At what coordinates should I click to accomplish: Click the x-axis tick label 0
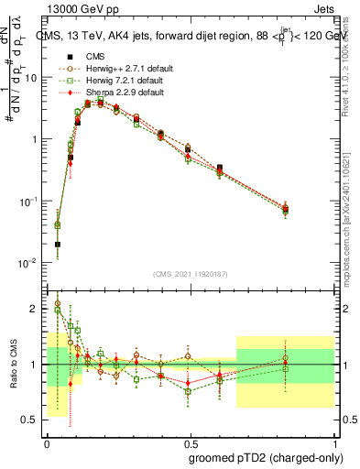[x=46, y=442]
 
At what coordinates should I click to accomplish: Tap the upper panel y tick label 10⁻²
[x=28, y=263]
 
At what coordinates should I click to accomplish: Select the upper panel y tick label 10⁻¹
[x=28, y=201]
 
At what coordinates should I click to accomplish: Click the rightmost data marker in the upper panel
[x=286, y=210]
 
